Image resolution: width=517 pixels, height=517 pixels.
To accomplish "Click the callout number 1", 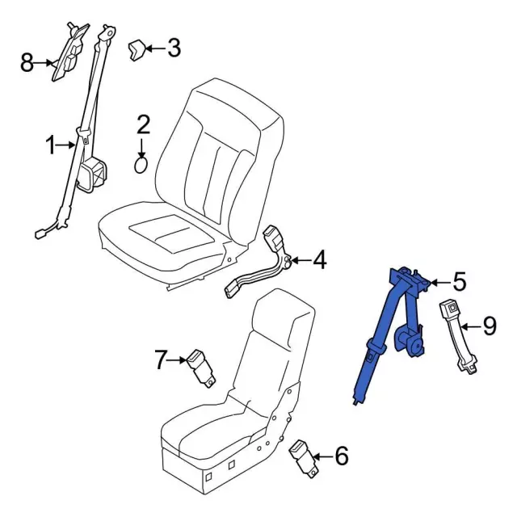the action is click(x=50, y=145).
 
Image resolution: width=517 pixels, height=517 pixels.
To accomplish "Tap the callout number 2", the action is click(x=143, y=124).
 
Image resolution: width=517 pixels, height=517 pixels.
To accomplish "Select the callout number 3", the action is click(x=174, y=48).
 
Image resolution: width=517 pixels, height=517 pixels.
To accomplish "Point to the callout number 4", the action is click(x=320, y=260).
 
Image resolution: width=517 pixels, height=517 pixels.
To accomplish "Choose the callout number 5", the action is click(x=460, y=282).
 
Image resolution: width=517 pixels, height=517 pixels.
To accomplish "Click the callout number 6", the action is click(x=342, y=456).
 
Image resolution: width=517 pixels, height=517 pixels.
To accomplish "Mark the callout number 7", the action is click(x=160, y=359).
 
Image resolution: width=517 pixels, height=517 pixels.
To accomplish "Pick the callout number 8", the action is click(x=27, y=63).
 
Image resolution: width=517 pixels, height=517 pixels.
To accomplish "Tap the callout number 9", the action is click(x=490, y=326).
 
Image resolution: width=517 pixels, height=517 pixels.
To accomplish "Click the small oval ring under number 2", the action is click(x=141, y=165).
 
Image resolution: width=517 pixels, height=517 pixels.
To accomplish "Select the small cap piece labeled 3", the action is click(x=136, y=50).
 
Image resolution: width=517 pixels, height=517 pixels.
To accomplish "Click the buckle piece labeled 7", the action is click(x=200, y=368).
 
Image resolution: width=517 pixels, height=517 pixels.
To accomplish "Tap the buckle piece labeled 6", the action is click(x=304, y=460).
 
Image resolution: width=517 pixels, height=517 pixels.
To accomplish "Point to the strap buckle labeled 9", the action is click(x=459, y=337).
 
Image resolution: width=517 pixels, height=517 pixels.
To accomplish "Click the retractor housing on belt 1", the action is click(x=91, y=174).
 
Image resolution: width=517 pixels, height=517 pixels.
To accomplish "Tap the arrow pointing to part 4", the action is click(x=301, y=260).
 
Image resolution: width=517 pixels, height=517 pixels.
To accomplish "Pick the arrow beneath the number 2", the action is click(x=141, y=148).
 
